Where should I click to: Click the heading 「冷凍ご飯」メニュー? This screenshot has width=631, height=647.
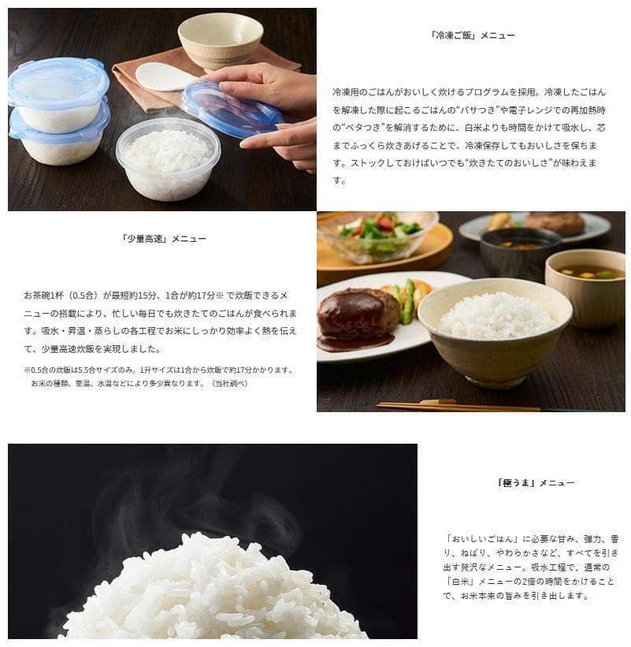[x=472, y=35]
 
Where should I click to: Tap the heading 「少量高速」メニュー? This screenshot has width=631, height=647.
[x=163, y=239]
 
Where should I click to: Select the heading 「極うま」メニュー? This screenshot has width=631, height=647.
[x=536, y=482]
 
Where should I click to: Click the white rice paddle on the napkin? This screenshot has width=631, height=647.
[x=165, y=76]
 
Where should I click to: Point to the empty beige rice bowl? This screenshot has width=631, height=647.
[x=221, y=40]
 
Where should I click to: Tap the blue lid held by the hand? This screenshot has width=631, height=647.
[x=232, y=110]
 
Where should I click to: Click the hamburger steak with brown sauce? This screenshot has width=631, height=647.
[x=357, y=316]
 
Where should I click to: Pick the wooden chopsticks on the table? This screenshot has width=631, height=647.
[x=458, y=406]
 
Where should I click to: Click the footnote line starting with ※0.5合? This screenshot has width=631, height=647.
[x=159, y=370]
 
